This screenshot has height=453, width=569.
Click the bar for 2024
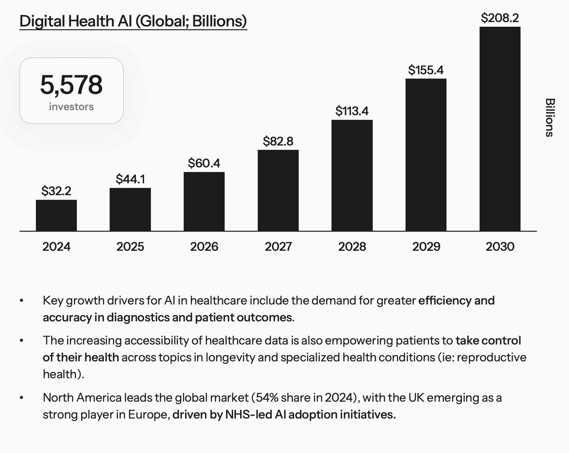point(56,215)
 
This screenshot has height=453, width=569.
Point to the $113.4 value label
point(352,111)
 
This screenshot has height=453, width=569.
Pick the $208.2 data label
point(500,18)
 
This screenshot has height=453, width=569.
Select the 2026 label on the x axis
point(204,247)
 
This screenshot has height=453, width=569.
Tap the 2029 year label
point(426,247)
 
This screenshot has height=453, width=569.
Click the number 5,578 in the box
point(71,85)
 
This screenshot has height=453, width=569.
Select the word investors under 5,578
point(71,107)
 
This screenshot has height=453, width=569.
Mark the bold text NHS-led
point(248,415)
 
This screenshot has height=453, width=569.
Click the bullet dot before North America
point(22,398)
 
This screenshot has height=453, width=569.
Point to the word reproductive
point(491,357)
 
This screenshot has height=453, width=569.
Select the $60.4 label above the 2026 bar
point(204,163)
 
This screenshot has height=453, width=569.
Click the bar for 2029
point(426,155)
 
